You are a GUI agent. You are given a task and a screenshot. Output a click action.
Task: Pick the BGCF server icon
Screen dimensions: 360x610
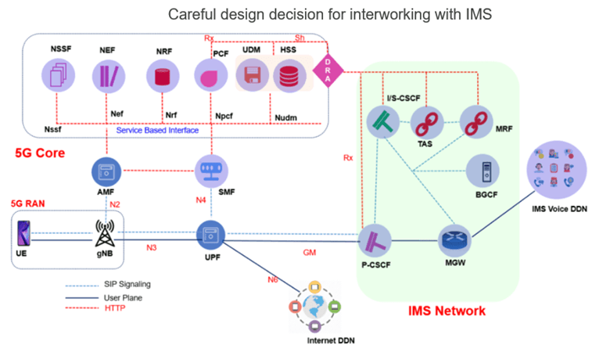coord(481,171)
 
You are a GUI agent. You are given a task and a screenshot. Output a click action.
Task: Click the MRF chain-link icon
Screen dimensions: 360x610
coord(475,122)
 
